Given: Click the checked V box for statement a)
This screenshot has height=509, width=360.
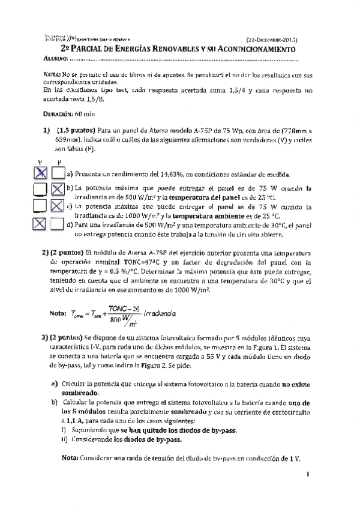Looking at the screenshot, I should click(40, 173).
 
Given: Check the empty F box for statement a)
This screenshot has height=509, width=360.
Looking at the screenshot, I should click(58, 173).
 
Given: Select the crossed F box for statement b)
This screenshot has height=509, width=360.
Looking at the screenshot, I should click(58, 190).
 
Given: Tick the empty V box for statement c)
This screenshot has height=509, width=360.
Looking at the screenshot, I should click(40, 206).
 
